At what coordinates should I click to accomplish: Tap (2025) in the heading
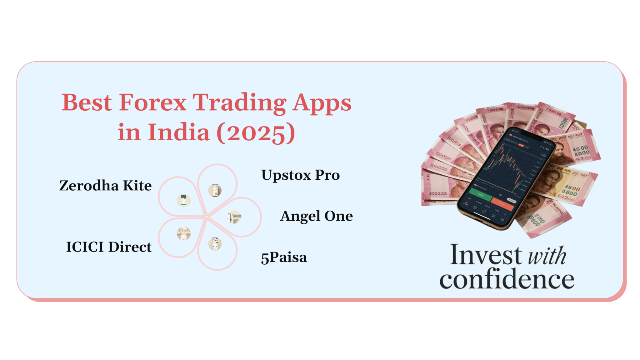pos(256,132)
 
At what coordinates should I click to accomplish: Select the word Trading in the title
pos(239,103)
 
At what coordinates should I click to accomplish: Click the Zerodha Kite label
pos(105,186)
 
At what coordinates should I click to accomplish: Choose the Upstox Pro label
pos(300,175)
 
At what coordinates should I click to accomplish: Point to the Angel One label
pos(316,216)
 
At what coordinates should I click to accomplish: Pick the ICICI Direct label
pos(109,247)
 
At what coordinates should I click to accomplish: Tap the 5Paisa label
pos(284,257)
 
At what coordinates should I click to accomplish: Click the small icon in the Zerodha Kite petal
pos(184,200)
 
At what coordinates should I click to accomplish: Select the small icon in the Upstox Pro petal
pos(215,190)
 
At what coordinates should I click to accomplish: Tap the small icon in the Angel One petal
pos(235,217)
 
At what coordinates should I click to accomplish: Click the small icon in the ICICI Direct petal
pos(184,233)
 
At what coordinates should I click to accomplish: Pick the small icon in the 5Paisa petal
pos(215,244)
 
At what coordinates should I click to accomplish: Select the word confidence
pos(507,279)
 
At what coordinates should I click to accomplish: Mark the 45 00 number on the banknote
pos(580,148)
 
